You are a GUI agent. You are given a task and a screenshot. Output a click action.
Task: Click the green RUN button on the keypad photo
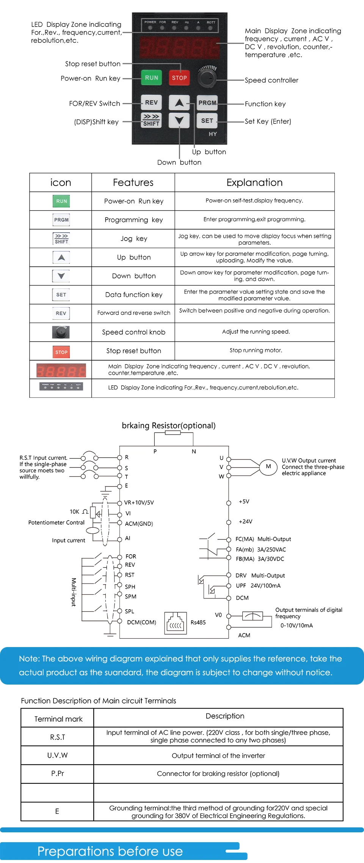[x=151, y=78]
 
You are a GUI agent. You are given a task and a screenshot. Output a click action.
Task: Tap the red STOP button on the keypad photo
[x=179, y=78]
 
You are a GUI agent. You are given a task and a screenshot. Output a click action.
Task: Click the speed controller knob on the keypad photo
[x=207, y=78]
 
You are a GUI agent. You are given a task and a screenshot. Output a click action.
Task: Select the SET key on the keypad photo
[x=207, y=121]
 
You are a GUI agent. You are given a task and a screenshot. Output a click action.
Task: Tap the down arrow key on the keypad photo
[x=179, y=121]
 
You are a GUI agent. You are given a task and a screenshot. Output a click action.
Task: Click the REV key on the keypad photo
[x=151, y=102]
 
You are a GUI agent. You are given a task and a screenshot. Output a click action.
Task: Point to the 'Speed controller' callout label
[x=271, y=80]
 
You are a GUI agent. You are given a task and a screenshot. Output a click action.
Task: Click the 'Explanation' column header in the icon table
[x=254, y=183]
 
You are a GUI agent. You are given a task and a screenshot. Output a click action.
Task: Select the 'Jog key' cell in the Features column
[x=133, y=239]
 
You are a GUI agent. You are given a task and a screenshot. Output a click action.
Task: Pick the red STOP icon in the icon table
[x=61, y=352]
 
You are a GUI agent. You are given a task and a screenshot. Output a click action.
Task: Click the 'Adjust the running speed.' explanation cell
[x=256, y=332]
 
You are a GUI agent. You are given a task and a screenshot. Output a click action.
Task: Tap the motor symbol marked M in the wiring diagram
[x=268, y=467]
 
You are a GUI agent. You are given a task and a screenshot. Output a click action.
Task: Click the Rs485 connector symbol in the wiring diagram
[x=176, y=623]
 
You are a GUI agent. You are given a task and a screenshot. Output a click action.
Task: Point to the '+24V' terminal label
[x=245, y=522]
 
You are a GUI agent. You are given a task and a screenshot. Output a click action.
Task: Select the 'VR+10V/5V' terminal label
[x=139, y=503]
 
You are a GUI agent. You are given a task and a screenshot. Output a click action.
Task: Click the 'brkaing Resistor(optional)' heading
[x=169, y=425]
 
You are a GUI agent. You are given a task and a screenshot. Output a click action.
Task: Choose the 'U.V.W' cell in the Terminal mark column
[x=57, y=755]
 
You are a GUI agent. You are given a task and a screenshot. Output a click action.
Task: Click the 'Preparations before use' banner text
[x=110, y=852]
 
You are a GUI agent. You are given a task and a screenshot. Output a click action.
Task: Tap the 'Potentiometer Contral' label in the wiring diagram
[x=56, y=522]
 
